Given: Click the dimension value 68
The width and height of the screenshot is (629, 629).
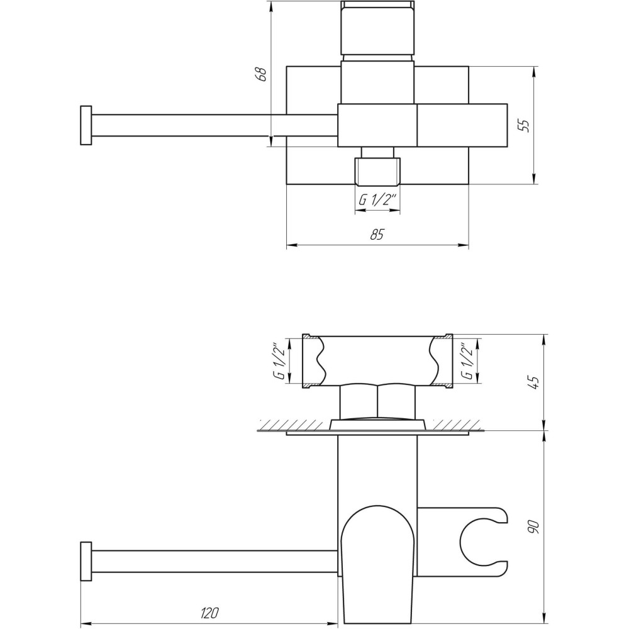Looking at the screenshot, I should [x=263, y=74].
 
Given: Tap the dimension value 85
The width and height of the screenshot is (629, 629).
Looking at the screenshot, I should [x=377, y=235].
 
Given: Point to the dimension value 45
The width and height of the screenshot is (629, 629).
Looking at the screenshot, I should [x=535, y=382].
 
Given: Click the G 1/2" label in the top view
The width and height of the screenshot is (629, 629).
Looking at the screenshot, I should [x=377, y=201].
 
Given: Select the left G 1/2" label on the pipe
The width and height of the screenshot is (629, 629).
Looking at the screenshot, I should [x=278, y=360].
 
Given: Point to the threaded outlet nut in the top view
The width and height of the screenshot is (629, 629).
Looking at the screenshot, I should [x=377, y=172].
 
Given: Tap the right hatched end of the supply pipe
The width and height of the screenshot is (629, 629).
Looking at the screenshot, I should [x=448, y=361].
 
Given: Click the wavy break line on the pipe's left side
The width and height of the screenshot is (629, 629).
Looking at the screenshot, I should [x=322, y=361].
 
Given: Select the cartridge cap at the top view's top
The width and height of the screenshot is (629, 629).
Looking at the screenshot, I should [x=377, y=28].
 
